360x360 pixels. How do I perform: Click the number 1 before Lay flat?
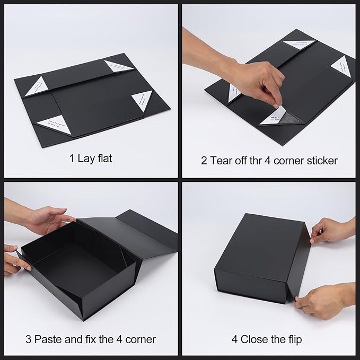(x=71, y=159)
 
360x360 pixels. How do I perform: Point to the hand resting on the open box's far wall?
(x=48, y=218)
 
